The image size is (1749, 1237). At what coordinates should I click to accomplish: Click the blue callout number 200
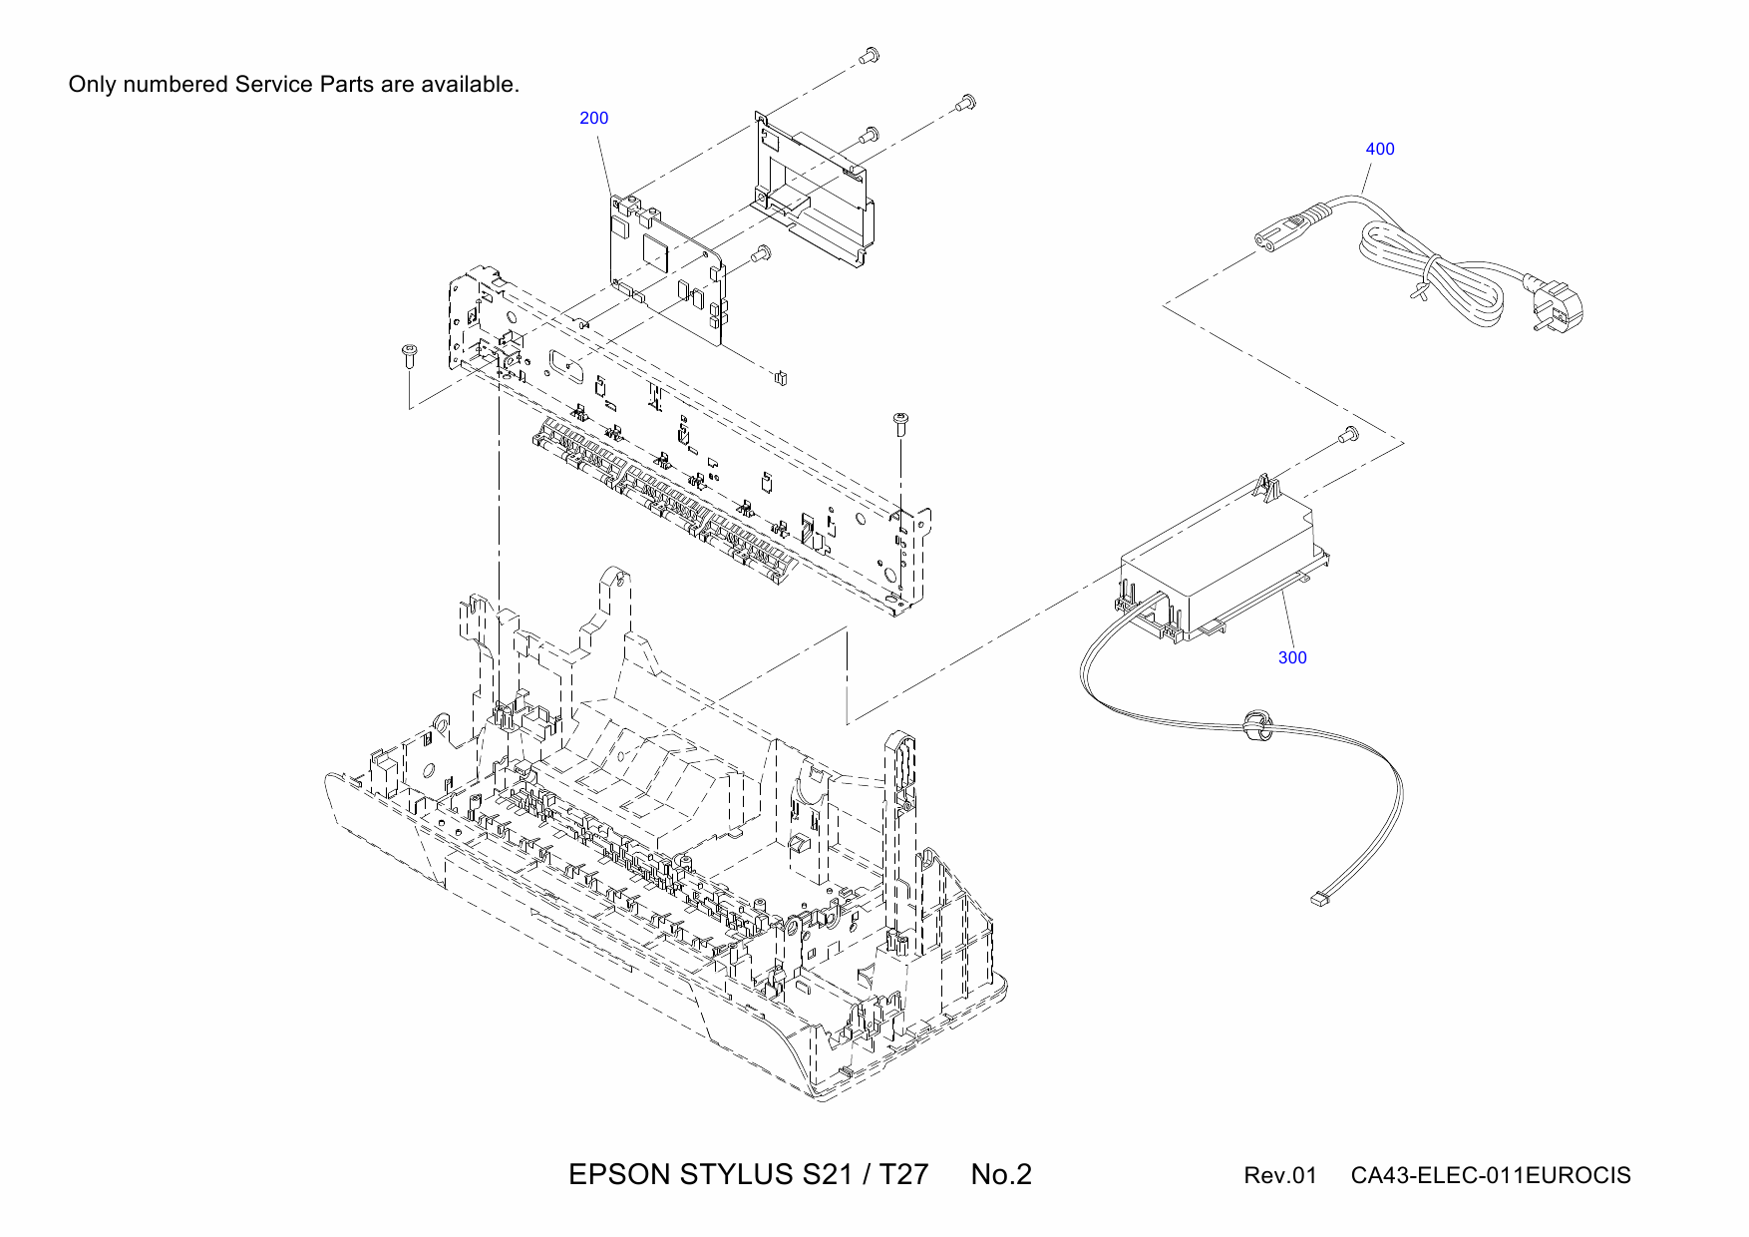(x=593, y=118)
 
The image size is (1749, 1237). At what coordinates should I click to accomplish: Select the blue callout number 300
(x=1291, y=657)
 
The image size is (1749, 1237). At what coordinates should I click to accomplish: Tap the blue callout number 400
(x=1379, y=149)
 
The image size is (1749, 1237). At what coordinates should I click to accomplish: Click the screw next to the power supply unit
(x=1347, y=435)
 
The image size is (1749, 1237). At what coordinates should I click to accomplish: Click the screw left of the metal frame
(x=409, y=353)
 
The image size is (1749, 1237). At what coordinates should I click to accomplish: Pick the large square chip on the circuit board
(x=657, y=250)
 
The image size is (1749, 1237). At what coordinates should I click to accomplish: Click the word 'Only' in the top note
(x=92, y=85)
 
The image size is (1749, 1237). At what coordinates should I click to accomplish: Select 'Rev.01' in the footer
(x=1279, y=1176)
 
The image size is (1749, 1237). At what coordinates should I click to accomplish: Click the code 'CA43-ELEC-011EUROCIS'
(x=1490, y=1176)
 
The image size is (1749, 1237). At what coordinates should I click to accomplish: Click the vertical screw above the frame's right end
(x=901, y=423)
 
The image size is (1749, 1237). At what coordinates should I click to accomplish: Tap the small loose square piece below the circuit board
(x=781, y=377)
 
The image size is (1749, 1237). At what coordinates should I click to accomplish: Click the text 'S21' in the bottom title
(x=827, y=1175)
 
